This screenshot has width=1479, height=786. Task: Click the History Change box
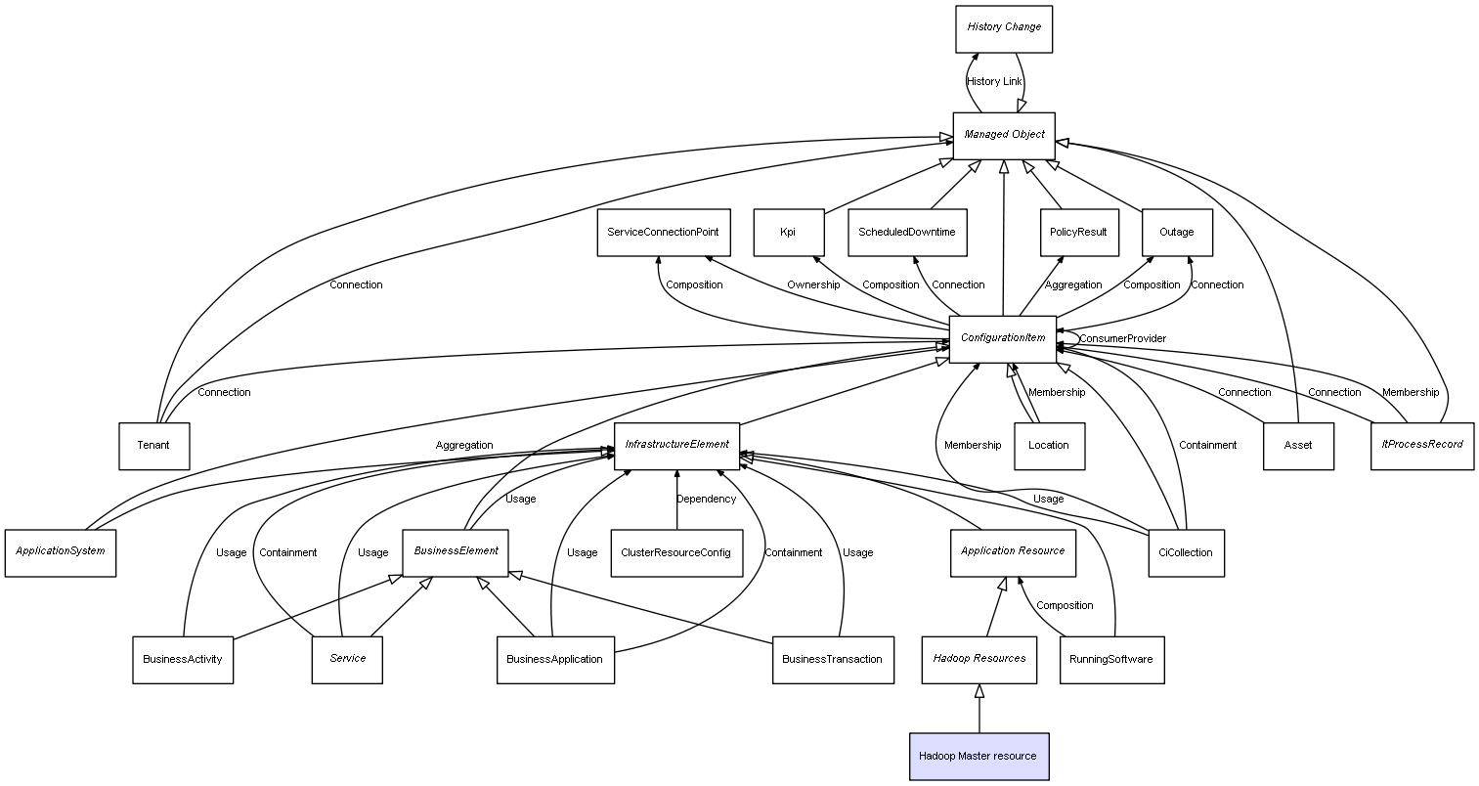pos(1004,29)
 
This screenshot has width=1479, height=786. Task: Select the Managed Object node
pos(1004,136)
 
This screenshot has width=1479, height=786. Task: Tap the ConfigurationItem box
pos(1002,339)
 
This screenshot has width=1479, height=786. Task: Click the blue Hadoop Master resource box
pos(979,757)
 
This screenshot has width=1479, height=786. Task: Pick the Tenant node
pos(153,447)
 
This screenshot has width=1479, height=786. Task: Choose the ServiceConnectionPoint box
pos(664,233)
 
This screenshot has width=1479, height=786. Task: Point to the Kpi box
pos(788,233)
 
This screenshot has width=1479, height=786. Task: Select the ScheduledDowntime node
pos(907,233)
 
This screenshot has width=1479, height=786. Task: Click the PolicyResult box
pos(1079,233)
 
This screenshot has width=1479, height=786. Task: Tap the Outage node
pos(1177,233)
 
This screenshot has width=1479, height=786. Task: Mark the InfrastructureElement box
pos(676,447)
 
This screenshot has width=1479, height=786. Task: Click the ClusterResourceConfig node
pos(676,553)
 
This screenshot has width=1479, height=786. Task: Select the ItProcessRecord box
pos(1422,447)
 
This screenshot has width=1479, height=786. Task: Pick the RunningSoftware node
pos(1111,660)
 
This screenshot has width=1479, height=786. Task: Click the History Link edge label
pos(994,82)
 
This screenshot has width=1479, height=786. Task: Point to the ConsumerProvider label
pos(1122,339)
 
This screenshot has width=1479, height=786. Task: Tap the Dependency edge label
pos(706,499)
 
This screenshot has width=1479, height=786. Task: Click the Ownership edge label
pos(813,284)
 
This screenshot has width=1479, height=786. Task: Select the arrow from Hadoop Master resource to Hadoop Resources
pos(979,708)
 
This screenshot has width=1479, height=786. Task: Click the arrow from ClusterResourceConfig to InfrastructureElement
pos(676,500)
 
